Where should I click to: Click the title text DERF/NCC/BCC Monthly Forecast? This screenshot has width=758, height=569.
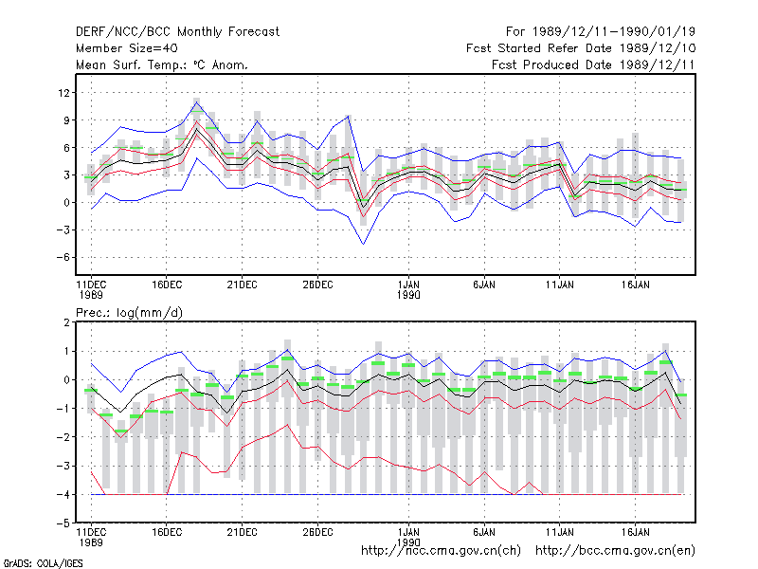point(177,32)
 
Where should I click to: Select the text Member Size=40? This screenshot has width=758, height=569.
point(127,48)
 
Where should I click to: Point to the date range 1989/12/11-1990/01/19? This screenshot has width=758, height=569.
point(614,32)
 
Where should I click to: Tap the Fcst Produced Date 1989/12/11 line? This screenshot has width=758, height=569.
point(594,64)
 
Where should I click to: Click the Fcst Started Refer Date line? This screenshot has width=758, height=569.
point(581,48)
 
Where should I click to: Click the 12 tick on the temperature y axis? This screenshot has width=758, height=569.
point(63,92)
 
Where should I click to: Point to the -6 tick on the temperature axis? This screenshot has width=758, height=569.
point(63,257)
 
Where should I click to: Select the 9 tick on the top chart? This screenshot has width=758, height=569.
point(66,120)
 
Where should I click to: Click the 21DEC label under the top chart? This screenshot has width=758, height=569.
point(243,284)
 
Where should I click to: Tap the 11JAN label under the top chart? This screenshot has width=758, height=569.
point(560,284)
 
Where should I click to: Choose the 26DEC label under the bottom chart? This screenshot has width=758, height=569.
point(317,532)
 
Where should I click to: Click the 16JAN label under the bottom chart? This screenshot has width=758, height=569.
point(635,532)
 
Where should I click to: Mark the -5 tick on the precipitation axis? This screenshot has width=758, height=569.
point(63,523)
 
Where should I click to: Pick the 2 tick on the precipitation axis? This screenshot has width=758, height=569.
point(66,322)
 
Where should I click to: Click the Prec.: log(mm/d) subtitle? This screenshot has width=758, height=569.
point(129,313)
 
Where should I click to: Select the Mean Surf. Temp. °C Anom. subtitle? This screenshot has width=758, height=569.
point(162,64)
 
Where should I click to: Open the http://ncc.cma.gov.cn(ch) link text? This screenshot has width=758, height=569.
point(441,551)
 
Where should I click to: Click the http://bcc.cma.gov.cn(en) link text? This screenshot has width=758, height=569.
point(615,551)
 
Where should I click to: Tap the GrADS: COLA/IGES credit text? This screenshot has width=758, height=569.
point(43,563)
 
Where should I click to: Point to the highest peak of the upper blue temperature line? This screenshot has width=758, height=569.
point(197,102)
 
